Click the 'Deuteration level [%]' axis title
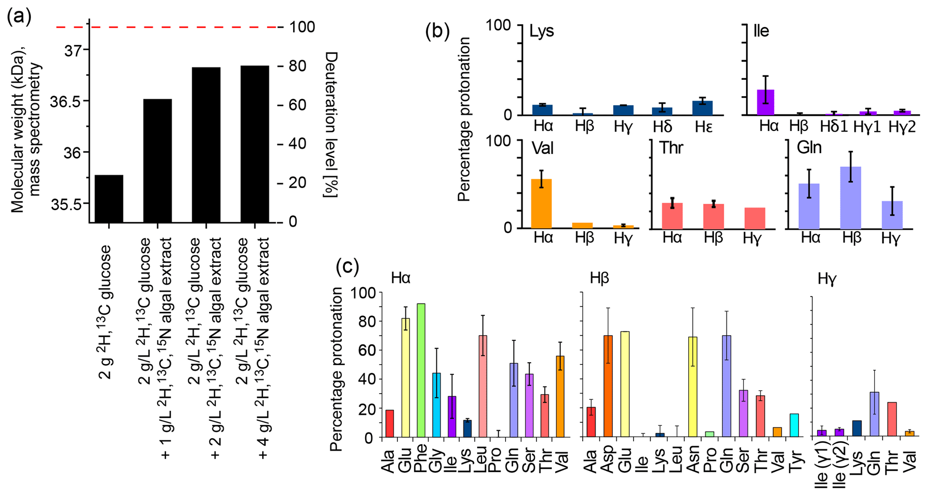pyautogui.click(x=331, y=124)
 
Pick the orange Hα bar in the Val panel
pyautogui.click(x=541, y=204)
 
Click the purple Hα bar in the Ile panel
pyautogui.click(x=765, y=102)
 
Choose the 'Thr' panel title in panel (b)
pyautogui.click(x=671, y=148)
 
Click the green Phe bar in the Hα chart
pyautogui.click(x=421, y=370)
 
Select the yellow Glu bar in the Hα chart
pyautogui.click(x=405, y=377)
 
